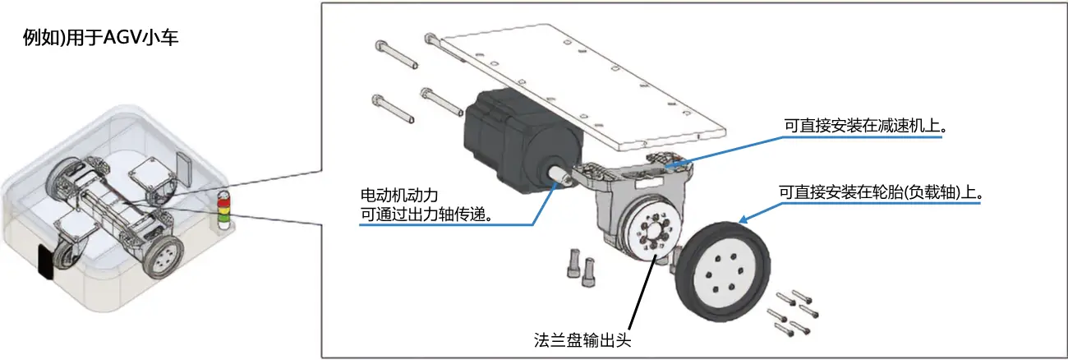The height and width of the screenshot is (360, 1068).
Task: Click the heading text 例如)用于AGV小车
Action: point(100,38)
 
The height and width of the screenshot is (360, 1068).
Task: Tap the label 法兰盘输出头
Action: point(582,340)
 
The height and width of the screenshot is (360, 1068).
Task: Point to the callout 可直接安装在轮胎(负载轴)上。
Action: point(882,192)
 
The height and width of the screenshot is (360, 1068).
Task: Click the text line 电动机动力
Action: point(399,195)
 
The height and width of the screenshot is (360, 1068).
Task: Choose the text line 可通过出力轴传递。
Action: point(426,215)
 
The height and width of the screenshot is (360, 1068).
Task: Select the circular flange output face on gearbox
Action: point(653,232)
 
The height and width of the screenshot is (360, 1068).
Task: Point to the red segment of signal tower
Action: point(223,202)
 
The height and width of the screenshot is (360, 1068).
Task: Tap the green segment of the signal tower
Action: point(223,219)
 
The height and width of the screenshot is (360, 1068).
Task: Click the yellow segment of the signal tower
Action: point(223,210)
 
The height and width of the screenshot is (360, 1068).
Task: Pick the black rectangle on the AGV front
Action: point(46,263)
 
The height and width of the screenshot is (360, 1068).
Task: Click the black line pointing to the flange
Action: point(643,292)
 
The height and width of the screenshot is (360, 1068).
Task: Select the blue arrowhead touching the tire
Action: point(743,219)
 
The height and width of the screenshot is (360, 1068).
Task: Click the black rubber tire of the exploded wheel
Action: point(723,271)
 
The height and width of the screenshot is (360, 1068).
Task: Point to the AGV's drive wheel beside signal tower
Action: point(163,256)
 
